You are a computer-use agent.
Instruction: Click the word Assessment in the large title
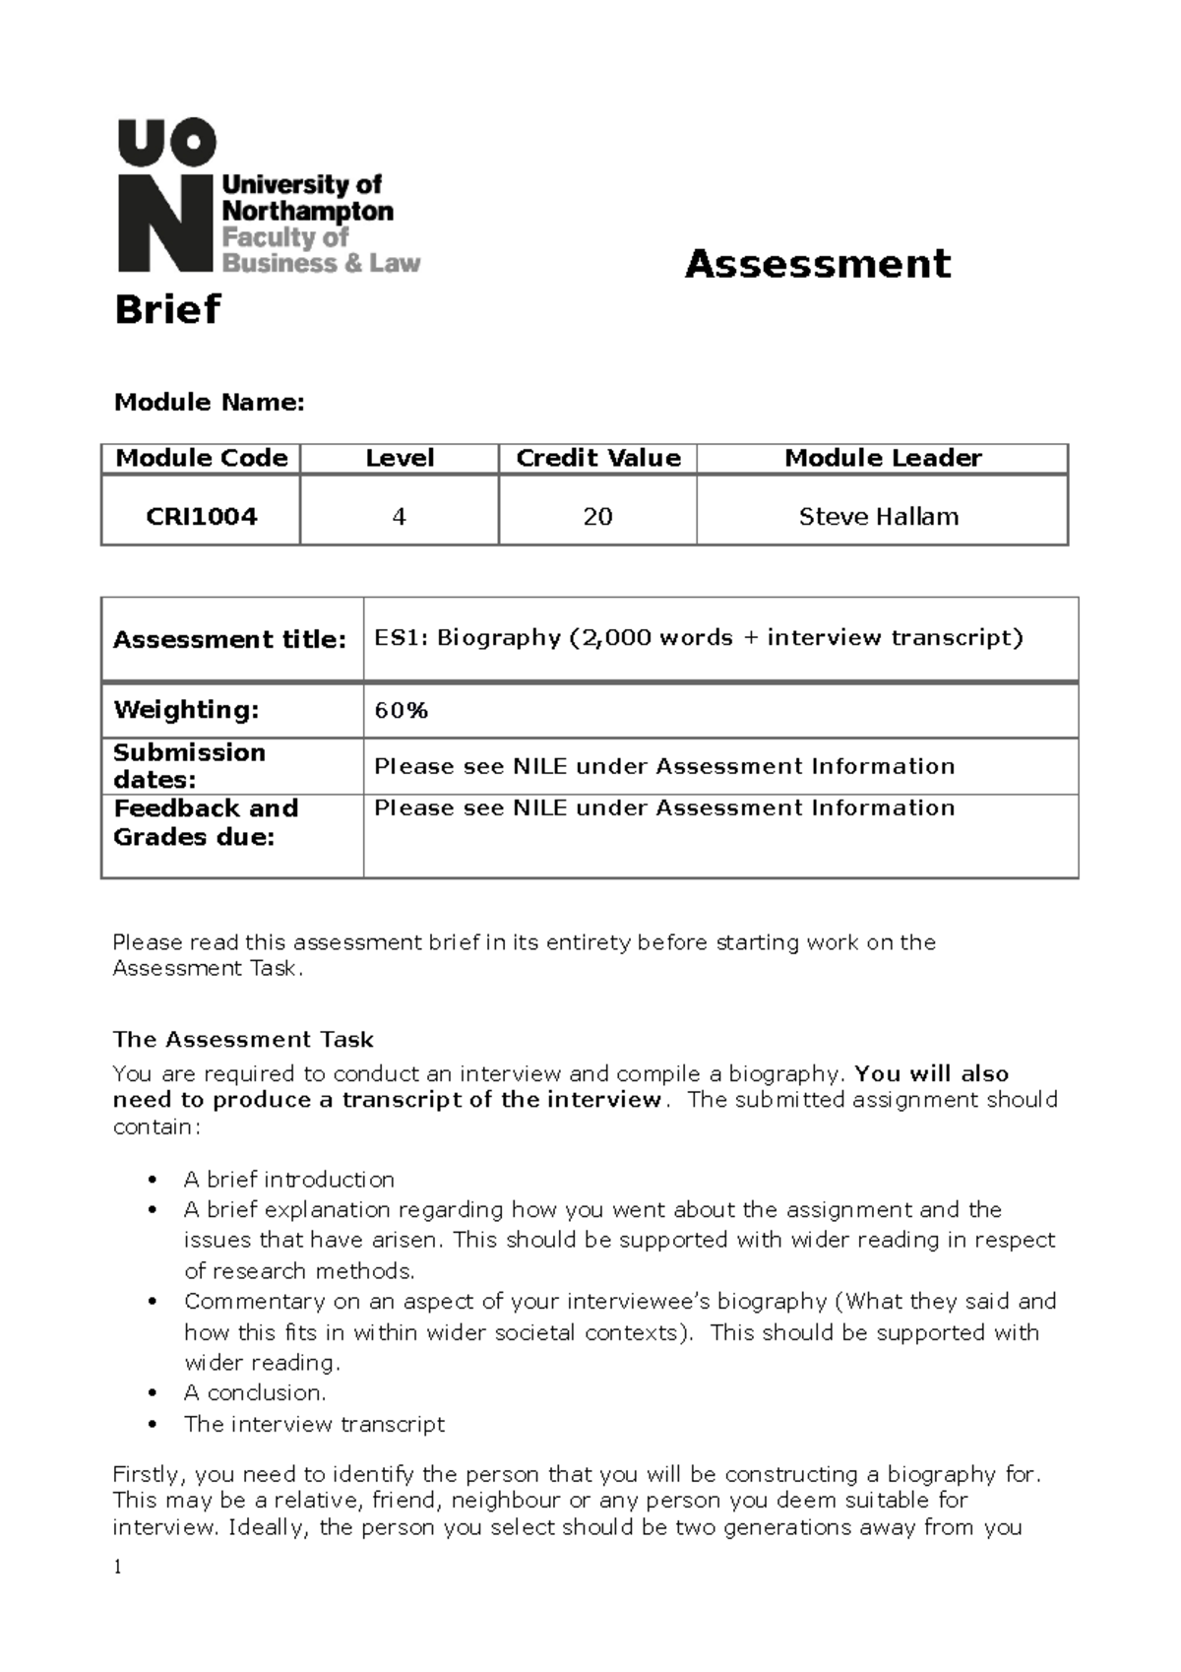click(x=817, y=264)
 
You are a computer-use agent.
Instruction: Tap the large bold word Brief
click(x=167, y=309)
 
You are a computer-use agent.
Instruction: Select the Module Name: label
click(x=210, y=402)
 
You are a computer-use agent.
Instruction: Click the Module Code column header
click(x=201, y=458)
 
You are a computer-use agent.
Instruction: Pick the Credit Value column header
click(x=597, y=458)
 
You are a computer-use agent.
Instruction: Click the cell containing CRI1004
click(x=201, y=516)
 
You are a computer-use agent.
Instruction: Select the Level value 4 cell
click(x=399, y=516)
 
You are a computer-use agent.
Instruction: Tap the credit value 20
click(x=597, y=516)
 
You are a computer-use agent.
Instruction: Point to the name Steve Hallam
click(x=878, y=516)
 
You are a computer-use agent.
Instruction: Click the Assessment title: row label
click(x=229, y=640)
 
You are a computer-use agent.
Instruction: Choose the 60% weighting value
click(x=401, y=711)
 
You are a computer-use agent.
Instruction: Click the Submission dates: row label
click(x=189, y=766)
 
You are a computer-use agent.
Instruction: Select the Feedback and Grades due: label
click(x=206, y=822)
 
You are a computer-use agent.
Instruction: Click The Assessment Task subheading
click(x=243, y=1040)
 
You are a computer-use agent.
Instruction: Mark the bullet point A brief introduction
click(x=288, y=1180)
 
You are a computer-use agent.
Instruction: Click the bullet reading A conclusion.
click(x=254, y=1392)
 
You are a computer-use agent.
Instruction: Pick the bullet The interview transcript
click(x=314, y=1424)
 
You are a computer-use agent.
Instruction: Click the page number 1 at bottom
click(x=117, y=1567)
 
